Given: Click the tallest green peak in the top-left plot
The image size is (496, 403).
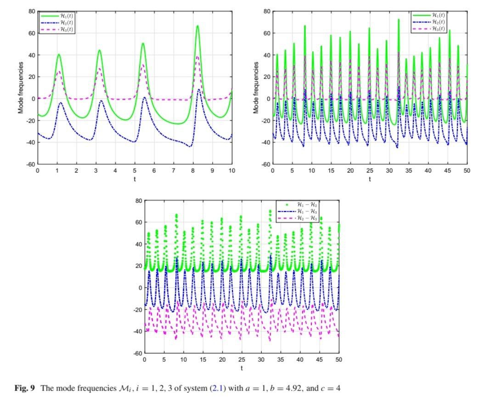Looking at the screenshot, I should tap(197, 26).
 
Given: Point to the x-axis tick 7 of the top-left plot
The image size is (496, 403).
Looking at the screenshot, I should tap(174, 171).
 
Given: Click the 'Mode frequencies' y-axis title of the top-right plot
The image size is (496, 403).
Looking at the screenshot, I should tap(256, 88).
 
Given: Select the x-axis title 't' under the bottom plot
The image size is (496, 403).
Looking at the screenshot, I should tap(242, 368).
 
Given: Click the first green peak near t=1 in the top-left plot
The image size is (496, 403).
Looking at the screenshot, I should tap(59, 55).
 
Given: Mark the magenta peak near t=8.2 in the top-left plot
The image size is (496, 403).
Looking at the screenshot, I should tap(197, 56).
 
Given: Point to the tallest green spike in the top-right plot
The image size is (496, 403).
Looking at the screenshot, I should tap(398, 19).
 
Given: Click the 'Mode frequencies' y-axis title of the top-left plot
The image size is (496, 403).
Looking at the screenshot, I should tap(21, 88).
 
